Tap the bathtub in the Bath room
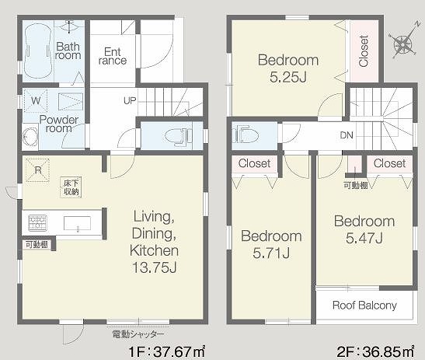(x=38, y=51)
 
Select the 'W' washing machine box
(x=36, y=100)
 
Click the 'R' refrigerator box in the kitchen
(x=37, y=170)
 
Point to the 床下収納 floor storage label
(x=71, y=187)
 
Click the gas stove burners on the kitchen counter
(x=37, y=222)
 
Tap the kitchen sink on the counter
(x=77, y=223)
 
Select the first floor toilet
(x=177, y=135)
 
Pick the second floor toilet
(x=246, y=134)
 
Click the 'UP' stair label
(x=130, y=100)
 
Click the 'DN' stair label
(x=347, y=135)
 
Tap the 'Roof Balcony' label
(x=364, y=306)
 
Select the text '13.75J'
(x=155, y=267)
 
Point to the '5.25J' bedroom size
(x=288, y=77)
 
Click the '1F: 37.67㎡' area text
(x=166, y=352)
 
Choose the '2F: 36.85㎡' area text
(x=376, y=352)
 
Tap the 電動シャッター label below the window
(x=138, y=334)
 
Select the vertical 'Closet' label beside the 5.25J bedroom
(x=364, y=51)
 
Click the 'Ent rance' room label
(x=113, y=56)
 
